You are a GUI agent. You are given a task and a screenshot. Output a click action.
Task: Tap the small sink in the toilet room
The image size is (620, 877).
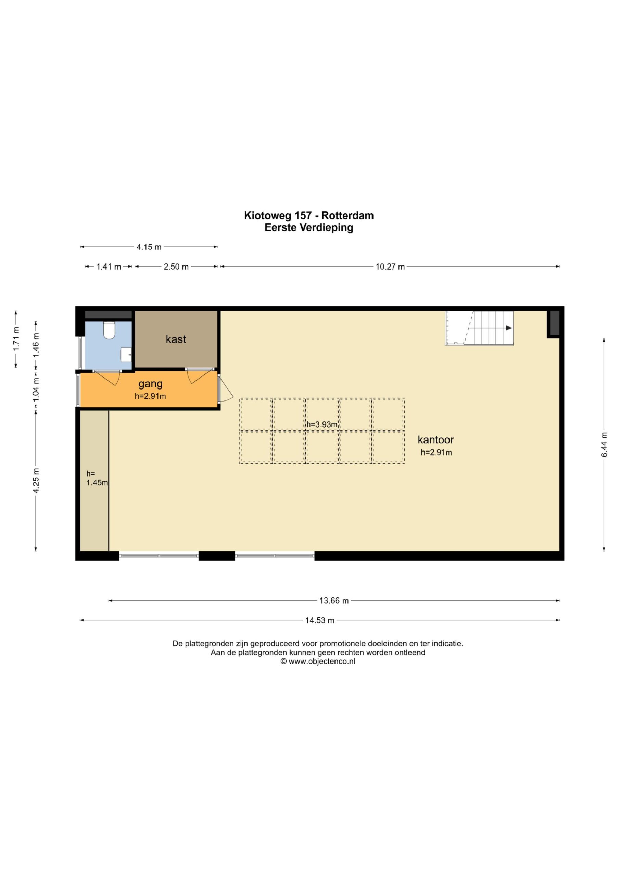(126, 355)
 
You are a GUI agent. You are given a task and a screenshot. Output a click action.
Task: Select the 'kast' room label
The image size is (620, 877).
(176, 339)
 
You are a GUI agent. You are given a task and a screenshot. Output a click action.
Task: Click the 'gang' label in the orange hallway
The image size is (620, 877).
(150, 384)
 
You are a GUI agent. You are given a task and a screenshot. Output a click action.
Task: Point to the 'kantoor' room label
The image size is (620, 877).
(435, 440)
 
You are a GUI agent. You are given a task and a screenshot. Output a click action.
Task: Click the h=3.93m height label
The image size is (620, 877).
(322, 424)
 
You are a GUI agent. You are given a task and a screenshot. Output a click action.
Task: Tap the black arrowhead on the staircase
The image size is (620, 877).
(509, 328)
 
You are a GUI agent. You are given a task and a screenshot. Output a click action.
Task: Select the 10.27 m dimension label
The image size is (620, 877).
(390, 267)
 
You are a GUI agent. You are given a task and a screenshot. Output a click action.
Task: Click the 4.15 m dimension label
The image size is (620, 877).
(149, 247)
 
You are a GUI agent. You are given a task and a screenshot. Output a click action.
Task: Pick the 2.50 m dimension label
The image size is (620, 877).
(176, 267)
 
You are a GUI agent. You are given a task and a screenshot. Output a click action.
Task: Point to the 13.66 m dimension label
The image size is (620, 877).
(334, 601)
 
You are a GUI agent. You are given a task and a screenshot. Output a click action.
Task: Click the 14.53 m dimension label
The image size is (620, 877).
(320, 620)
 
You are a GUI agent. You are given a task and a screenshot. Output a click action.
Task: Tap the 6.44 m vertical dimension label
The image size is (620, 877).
(604, 445)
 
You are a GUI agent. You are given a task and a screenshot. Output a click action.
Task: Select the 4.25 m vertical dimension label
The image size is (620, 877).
(36, 481)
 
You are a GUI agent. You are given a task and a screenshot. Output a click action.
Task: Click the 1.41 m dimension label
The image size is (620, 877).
(109, 267)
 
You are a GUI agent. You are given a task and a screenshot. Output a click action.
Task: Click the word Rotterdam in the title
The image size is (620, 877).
(347, 215)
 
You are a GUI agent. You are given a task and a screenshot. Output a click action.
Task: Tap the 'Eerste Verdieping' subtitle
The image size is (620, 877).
(309, 228)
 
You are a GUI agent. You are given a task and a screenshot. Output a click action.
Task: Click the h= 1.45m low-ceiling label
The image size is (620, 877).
(97, 478)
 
